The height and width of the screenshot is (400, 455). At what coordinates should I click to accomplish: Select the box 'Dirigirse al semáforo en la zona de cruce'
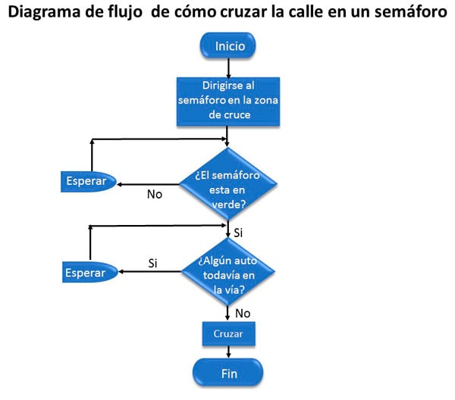pos(227,100)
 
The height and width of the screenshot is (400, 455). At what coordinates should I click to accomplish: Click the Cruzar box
pos(227,333)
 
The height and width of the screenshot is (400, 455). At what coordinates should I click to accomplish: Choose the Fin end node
pos(227,373)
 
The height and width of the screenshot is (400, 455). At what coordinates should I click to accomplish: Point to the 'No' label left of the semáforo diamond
pos(155,194)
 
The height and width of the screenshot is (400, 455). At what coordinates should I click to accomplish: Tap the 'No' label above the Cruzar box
pos(243,313)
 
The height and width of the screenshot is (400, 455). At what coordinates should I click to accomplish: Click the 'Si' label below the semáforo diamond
pos(237,232)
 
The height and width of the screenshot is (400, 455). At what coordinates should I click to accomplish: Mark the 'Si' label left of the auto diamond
pos(152,263)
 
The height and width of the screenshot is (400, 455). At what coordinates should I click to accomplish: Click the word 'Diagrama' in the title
pos(45,13)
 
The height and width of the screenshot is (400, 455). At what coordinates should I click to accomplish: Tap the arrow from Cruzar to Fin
pos(227,351)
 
